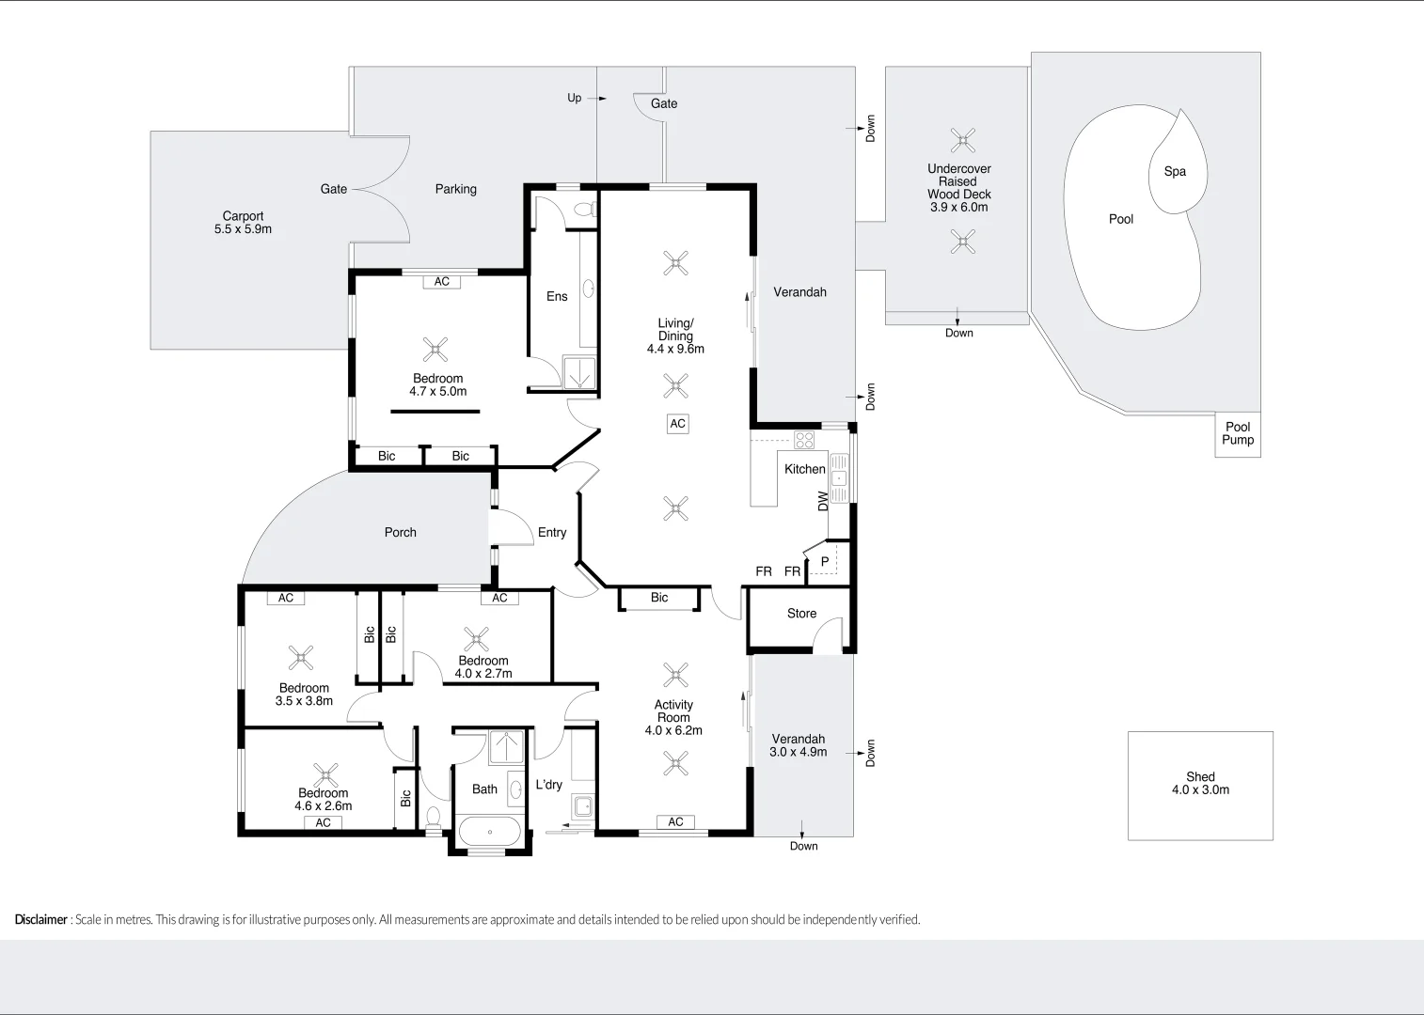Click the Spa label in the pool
(1175, 171)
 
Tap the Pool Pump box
(1238, 433)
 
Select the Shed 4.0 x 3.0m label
(1200, 783)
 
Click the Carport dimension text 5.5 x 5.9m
(243, 229)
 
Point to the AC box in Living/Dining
(677, 424)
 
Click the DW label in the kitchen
(824, 501)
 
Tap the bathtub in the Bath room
(489, 832)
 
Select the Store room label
(801, 614)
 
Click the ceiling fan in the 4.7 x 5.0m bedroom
(435, 350)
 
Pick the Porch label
(400, 532)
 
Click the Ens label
(557, 296)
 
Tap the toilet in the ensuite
(585, 209)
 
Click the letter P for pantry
(825, 562)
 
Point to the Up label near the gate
(574, 98)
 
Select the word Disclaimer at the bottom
(40, 919)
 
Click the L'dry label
(548, 785)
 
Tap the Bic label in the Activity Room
(658, 598)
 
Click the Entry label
(552, 532)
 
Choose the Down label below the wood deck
(958, 333)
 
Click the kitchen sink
(837, 478)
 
